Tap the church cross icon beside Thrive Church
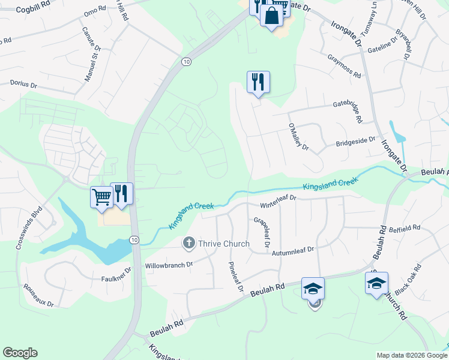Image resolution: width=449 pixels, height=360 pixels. click(x=189, y=243)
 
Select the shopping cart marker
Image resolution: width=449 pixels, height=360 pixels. click(x=101, y=196)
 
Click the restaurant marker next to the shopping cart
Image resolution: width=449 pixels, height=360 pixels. click(x=122, y=194)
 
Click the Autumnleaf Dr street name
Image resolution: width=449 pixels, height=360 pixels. click(x=293, y=254)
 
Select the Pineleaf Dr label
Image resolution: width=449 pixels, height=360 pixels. click(x=235, y=277)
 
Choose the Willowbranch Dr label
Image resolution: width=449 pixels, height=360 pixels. click(x=168, y=264)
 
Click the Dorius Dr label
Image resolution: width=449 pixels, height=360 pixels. click(x=24, y=85)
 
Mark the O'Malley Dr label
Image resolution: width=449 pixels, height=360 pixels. click(x=298, y=138)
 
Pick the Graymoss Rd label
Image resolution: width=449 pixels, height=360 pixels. click(x=344, y=67)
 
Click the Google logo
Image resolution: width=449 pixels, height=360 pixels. click(x=20, y=353)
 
